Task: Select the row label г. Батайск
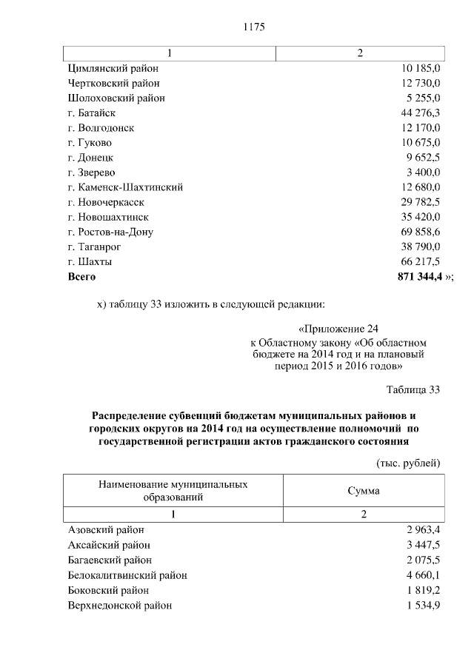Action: point(96,113)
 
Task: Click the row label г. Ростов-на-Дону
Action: point(110,232)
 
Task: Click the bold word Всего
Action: point(81,277)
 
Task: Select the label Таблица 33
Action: point(413,390)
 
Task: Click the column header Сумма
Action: point(363,490)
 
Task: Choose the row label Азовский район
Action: point(106,530)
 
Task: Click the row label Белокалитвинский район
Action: point(127,574)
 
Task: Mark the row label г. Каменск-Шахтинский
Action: point(124,187)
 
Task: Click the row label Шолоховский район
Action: point(116,98)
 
